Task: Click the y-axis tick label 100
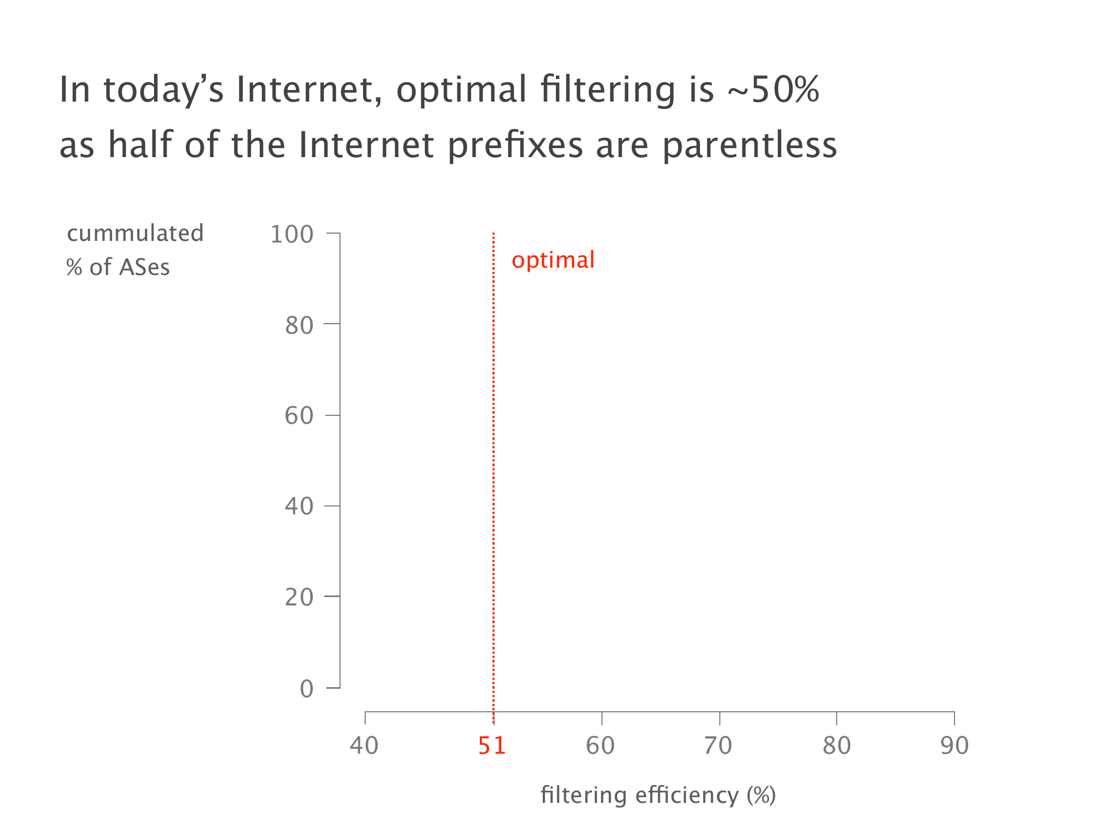(292, 234)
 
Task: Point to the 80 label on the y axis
(299, 325)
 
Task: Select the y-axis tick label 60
(299, 416)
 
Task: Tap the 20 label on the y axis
(299, 597)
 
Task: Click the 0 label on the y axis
(306, 689)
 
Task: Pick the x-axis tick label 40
(364, 745)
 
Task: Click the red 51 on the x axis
(492, 745)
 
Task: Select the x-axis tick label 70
(718, 745)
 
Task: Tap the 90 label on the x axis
(955, 745)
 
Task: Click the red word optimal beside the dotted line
(553, 260)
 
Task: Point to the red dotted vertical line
(494, 478)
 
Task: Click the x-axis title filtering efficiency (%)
(658, 795)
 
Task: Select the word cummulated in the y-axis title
(135, 234)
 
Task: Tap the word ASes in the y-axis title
(145, 267)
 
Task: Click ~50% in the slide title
(773, 89)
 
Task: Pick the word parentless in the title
(750, 145)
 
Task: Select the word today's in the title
(164, 90)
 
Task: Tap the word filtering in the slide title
(609, 90)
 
